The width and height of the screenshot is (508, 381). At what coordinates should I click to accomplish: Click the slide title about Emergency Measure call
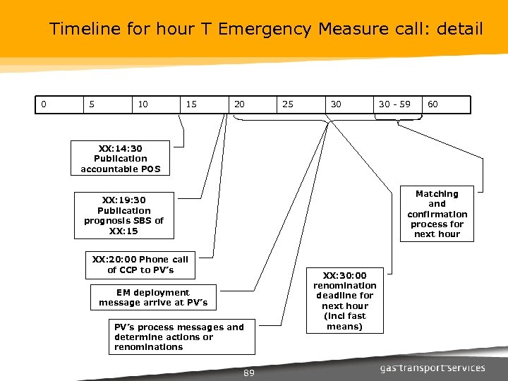[x=266, y=29]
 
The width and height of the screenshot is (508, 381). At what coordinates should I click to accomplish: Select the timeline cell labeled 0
[x=59, y=104]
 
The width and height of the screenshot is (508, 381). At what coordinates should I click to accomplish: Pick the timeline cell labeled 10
[x=156, y=104]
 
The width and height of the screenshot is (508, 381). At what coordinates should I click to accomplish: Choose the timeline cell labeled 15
[x=204, y=104]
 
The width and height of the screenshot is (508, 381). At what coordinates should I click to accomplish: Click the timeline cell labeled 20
[x=252, y=104]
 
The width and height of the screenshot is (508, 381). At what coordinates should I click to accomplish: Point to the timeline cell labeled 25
[x=300, y=104]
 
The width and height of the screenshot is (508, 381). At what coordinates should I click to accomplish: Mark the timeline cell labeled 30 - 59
[x=397, y=104]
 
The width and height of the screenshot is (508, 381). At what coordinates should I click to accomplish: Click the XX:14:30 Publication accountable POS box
[x=121, y=159]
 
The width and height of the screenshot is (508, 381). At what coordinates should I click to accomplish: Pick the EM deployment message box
[x=153, y=298]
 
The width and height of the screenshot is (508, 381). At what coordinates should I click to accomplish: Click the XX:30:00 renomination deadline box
[x=345, y=301]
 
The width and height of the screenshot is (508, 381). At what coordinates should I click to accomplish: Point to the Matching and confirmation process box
[x=437, y=213]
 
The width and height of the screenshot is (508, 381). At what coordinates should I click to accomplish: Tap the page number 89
[x=248, y=373]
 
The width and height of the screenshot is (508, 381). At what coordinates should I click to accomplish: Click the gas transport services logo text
[x=433, y=368]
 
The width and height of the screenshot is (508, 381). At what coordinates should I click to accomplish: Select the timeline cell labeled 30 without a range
[x=349, y=104]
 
